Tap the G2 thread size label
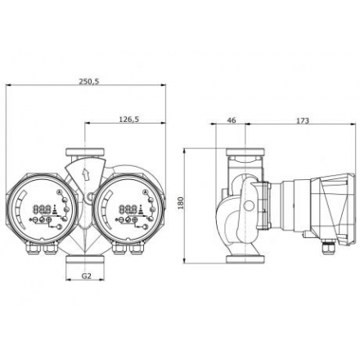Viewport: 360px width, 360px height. coord(87,276)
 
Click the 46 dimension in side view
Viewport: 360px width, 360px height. coord(231,120)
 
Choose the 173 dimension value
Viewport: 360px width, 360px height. coord(302,120)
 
